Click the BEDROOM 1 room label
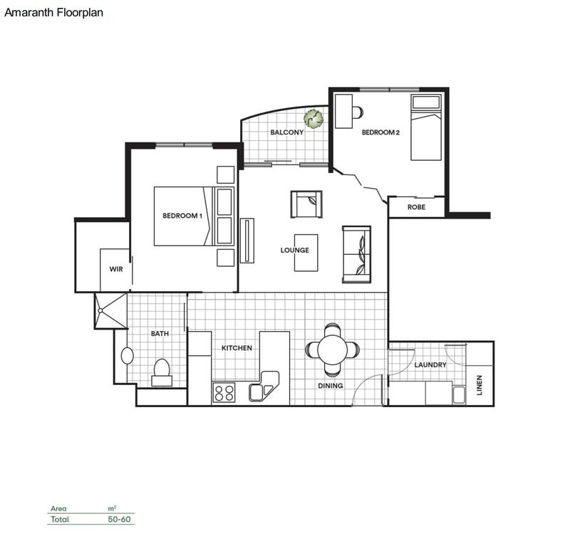(x=182, y=216)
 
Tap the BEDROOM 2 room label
(x=381, y=132)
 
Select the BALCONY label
(x=286, y=132)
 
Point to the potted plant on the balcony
(x=312, y=117)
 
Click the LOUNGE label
(x=294, y=251)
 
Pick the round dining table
(x=333, y=350)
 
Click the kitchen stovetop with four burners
(x=225, y=392)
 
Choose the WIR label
(x=116, y=270)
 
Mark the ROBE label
(x=416, y=207)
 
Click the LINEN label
(x=480, y=385)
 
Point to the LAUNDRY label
(x=430, y=365)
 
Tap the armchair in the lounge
(x=306, y=204)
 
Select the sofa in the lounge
(x=356, y=253)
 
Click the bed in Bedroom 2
(x=426, y=128)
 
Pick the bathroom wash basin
(x=128, y=355)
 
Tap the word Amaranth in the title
(x=28, y=12)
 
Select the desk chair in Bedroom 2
(x=357, y=112)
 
